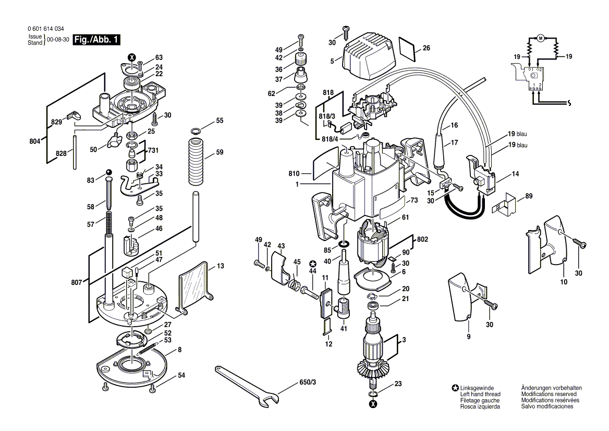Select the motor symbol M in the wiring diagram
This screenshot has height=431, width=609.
tap(540, 37)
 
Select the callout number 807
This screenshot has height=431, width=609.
tap(76, 282)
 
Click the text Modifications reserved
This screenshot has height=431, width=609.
tap(547, 394)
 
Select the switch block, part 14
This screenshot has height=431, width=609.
tap(482, 174)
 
